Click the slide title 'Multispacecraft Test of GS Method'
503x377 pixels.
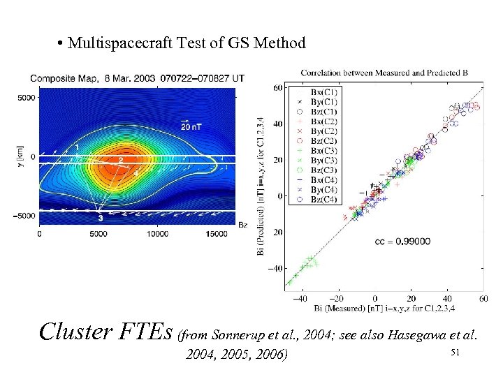click(x=187, y=43)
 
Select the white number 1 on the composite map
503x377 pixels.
click(x=76, y=145)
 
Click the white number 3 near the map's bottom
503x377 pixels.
click(x=101, y=218)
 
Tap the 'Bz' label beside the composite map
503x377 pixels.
click(x=242, y=224)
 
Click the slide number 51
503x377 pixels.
click(x=454, y=353)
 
